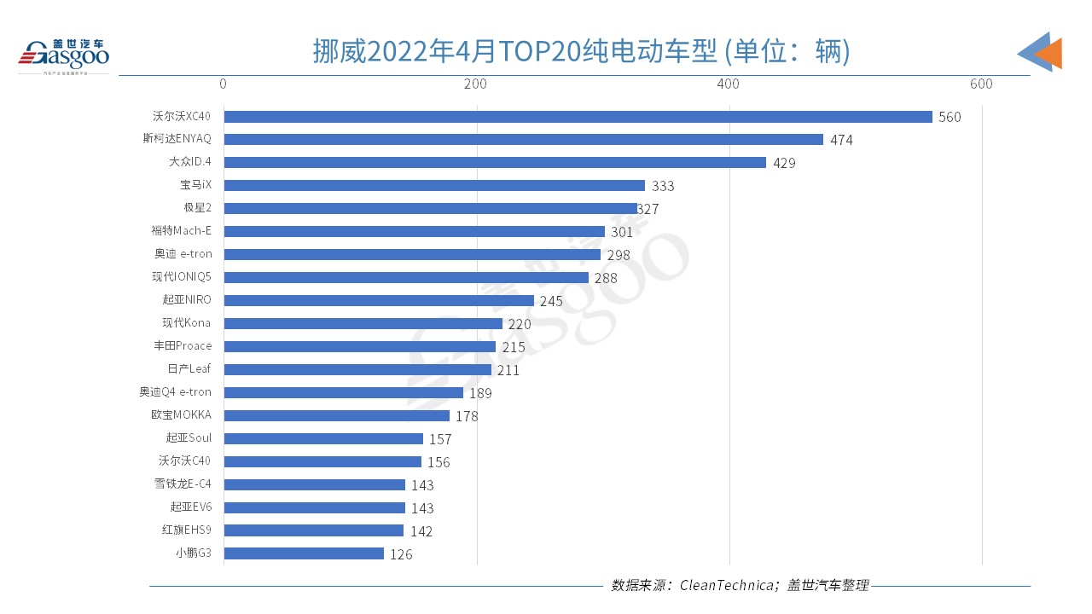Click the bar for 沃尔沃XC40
(578, 117)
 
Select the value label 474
(841, 140)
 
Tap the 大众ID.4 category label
(190, 162)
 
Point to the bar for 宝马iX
(434, 186)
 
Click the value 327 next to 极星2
(648, 209)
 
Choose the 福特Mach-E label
(181, 231)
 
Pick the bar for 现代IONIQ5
(406, 278)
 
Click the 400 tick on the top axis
(728, 84)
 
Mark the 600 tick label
(981, 84)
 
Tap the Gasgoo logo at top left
(64, 54)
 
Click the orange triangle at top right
(1050, 53)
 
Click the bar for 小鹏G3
(304, 553)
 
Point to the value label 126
(401, 554)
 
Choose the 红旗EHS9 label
(186, 530)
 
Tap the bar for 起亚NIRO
(379, 301)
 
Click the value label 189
(480, 393)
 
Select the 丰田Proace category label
(183, 346)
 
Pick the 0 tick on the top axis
(224, 84)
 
